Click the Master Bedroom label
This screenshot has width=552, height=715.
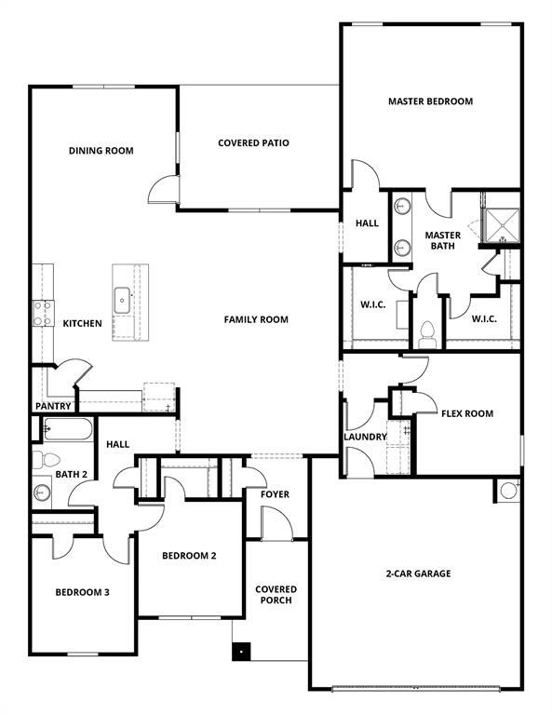(x=430, y=101)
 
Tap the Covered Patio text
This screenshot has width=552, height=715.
(x=253, y=143)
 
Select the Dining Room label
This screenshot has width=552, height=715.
(x=101, y=151)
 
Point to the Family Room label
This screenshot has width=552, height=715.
(x=256, y=319)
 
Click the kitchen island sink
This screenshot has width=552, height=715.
(x=122, y=300)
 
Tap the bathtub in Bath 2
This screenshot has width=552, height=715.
(x=68, y=430)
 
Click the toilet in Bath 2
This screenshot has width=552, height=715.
(x=47, y=459)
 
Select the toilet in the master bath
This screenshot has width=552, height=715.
(x=428, y=332)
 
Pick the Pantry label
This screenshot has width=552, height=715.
(x=53, y=406)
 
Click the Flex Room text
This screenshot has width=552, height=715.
(x=467, y=413)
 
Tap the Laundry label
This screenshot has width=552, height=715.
(x=365, y=437)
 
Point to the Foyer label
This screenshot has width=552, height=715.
(x=275, y=494)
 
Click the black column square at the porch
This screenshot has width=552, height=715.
(x=241, y=653)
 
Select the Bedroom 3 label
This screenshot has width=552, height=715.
(x=83, y=592)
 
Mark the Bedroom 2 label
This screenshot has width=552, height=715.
(x=189, y=556)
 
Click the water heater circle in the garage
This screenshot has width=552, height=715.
(x=508, y=490)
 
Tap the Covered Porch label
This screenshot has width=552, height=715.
(x=276, y=595)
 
